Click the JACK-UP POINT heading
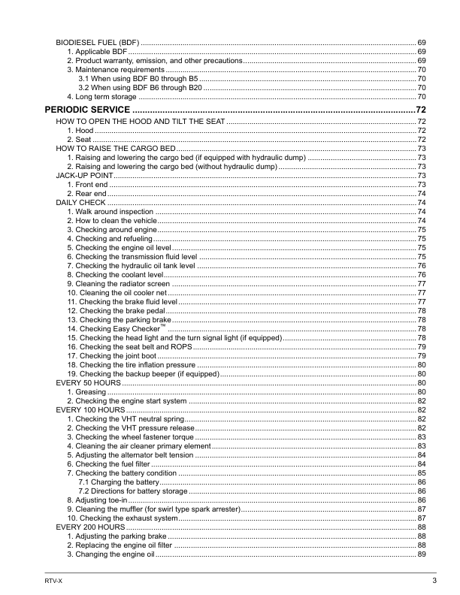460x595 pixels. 83,174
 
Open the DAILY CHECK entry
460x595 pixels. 81,203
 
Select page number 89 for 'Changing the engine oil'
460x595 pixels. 422,554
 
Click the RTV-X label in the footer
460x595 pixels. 53,581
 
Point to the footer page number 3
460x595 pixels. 434,581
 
